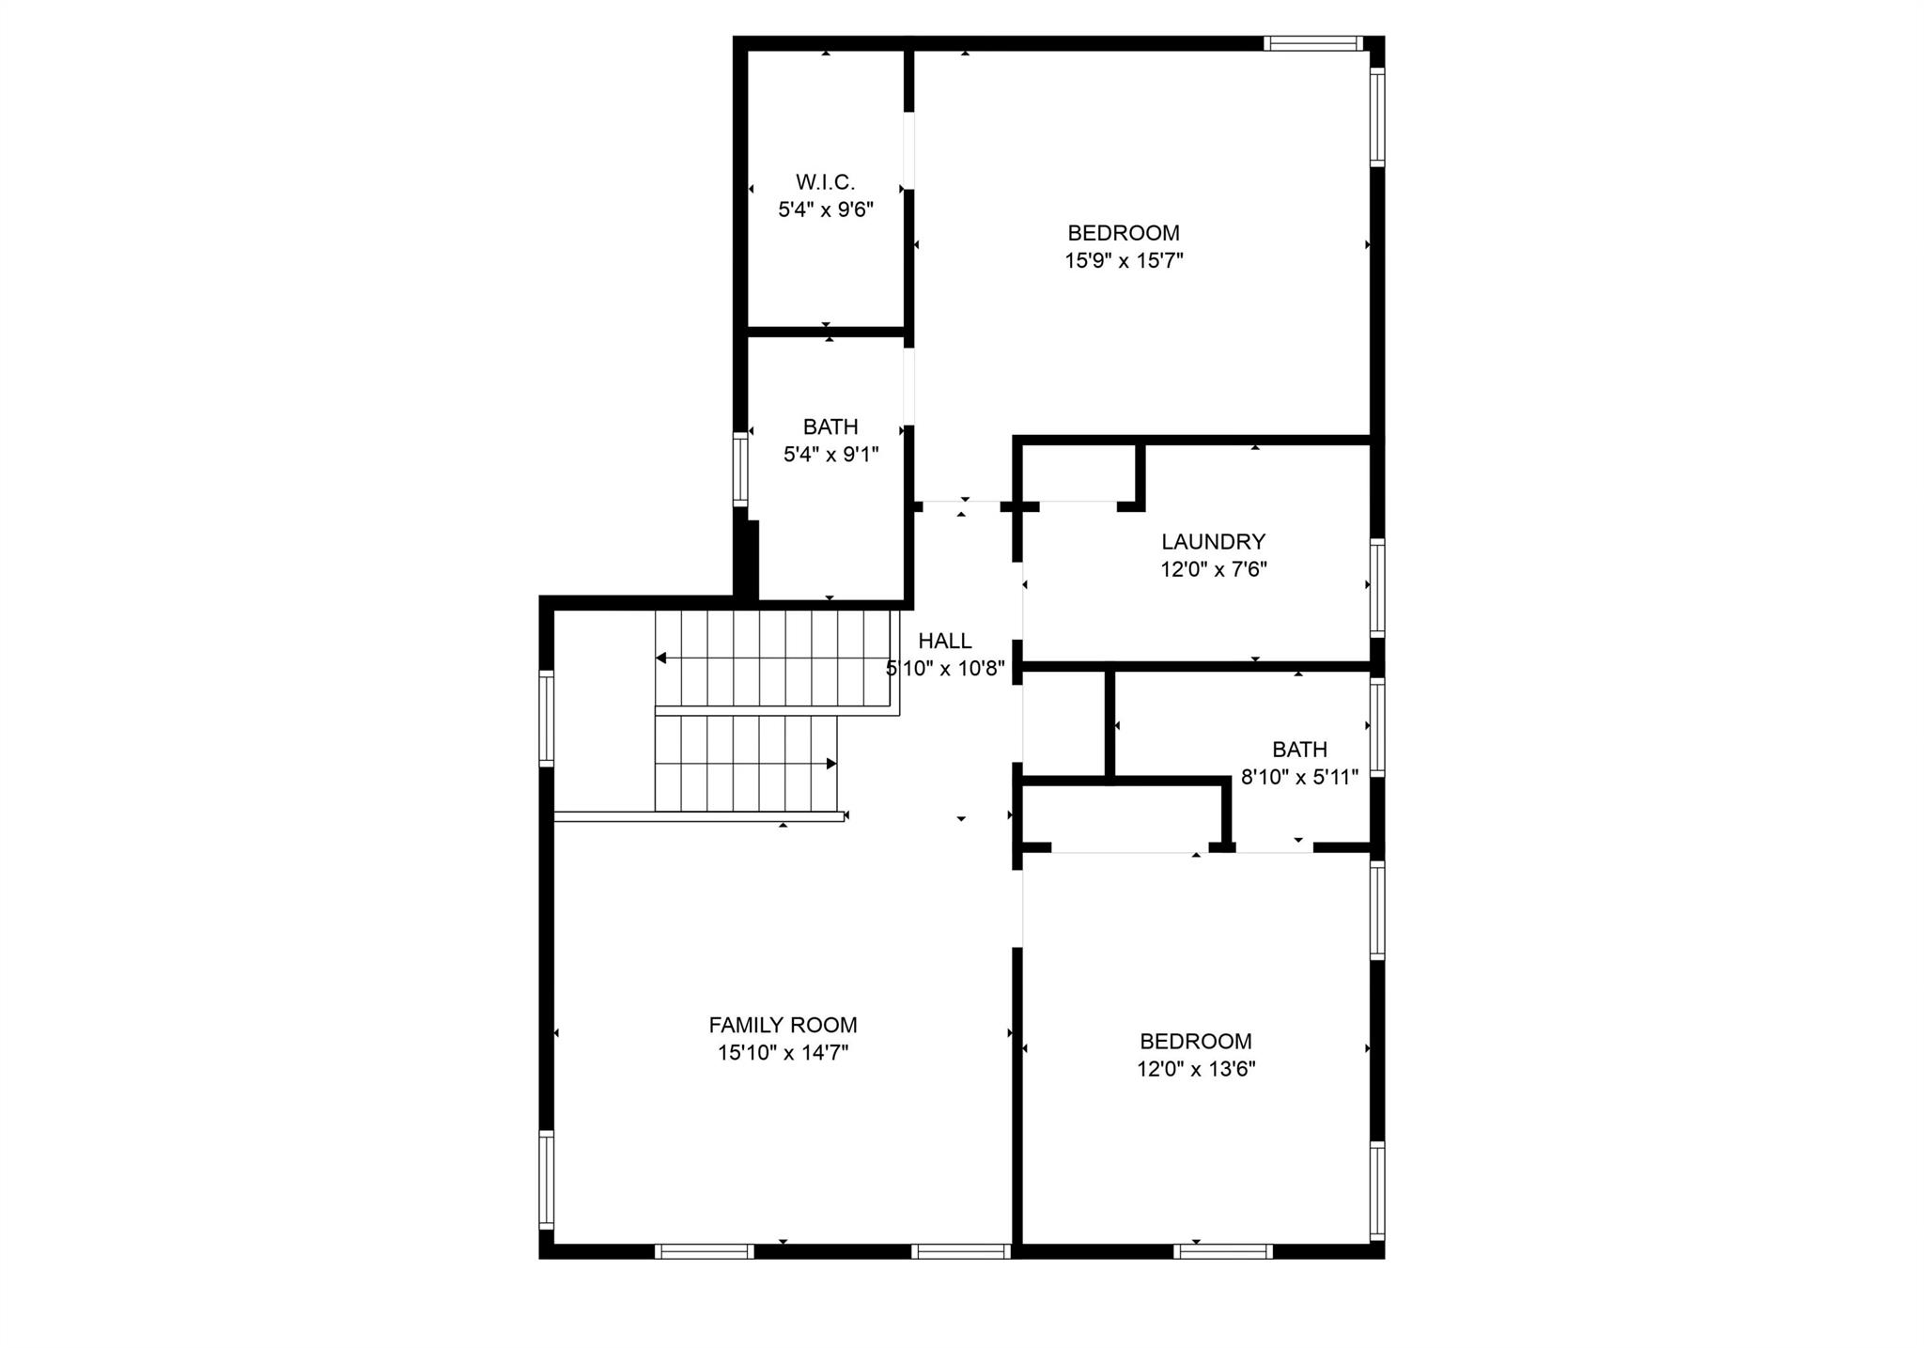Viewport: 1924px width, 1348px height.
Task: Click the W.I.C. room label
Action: point(826,181)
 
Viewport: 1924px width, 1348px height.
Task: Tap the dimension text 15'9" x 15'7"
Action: point(1124,260)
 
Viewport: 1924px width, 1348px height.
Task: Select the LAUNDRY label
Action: point(1214,541)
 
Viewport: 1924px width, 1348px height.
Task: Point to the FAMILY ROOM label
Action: point(783,1025)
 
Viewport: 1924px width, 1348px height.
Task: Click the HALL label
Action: point(945,641)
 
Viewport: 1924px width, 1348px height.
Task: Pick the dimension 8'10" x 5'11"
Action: point(1300,777)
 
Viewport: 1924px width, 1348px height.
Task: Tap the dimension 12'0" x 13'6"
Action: point(1196,1069)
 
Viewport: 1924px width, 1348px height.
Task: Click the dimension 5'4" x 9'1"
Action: point(831,455)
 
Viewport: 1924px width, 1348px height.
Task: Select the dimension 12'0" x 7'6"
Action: point(1214,569)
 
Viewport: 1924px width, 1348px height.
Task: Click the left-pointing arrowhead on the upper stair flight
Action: point(661,658)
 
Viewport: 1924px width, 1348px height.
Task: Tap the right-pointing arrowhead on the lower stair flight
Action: point(831,764)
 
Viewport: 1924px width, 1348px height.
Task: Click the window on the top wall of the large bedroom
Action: point(1312,43)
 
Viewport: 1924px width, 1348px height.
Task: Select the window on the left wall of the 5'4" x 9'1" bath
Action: point(740,470)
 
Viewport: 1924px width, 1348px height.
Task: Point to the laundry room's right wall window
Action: point(1377,588)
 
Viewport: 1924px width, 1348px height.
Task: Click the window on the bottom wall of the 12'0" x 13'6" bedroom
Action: point(1223,1251)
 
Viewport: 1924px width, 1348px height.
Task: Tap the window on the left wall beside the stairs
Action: point(546,718)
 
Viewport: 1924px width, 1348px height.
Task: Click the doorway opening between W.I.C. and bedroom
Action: point(908,151)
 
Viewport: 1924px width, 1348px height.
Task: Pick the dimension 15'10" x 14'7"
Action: point(783,1053)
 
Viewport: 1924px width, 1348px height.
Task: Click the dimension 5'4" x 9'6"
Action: point(826,209)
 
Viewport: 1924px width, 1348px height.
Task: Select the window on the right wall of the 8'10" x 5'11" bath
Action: point(1377,727)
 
